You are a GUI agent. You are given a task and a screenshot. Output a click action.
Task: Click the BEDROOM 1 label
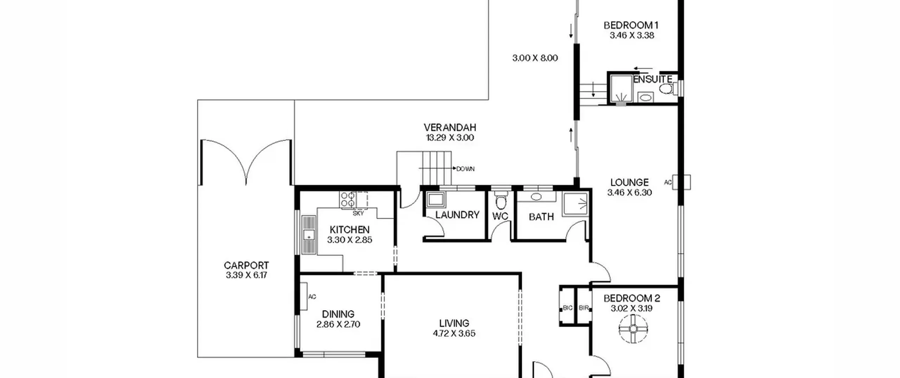(631, 25)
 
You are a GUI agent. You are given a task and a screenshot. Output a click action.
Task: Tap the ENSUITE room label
(652, 79)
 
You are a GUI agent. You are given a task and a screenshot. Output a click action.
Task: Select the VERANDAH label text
(450, 127)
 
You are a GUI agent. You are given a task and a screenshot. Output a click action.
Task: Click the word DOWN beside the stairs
(465, 169)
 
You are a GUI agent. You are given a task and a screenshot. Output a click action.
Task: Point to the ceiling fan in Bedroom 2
(633, 329)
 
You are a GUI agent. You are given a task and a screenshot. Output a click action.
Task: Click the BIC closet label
(568, 308)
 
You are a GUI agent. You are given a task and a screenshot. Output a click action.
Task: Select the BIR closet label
(584, 308)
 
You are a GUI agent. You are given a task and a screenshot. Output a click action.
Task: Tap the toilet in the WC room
(501, 200)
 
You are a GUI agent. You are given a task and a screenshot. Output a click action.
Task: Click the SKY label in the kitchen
(358, 213)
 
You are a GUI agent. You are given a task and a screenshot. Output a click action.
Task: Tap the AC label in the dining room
(312, 297)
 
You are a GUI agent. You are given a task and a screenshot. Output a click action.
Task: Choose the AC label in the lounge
(668, 182)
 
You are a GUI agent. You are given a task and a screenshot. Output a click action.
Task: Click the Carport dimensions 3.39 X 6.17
(246, 275)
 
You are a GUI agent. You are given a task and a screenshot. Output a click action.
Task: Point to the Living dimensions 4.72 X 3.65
(454, 333)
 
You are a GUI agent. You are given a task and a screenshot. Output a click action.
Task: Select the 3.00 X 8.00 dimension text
(535, 58)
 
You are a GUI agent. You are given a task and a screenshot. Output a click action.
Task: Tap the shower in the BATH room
(575, 204)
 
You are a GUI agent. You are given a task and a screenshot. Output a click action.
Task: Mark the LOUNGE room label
(629, 182)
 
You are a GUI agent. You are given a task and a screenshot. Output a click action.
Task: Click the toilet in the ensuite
(666, 89)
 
